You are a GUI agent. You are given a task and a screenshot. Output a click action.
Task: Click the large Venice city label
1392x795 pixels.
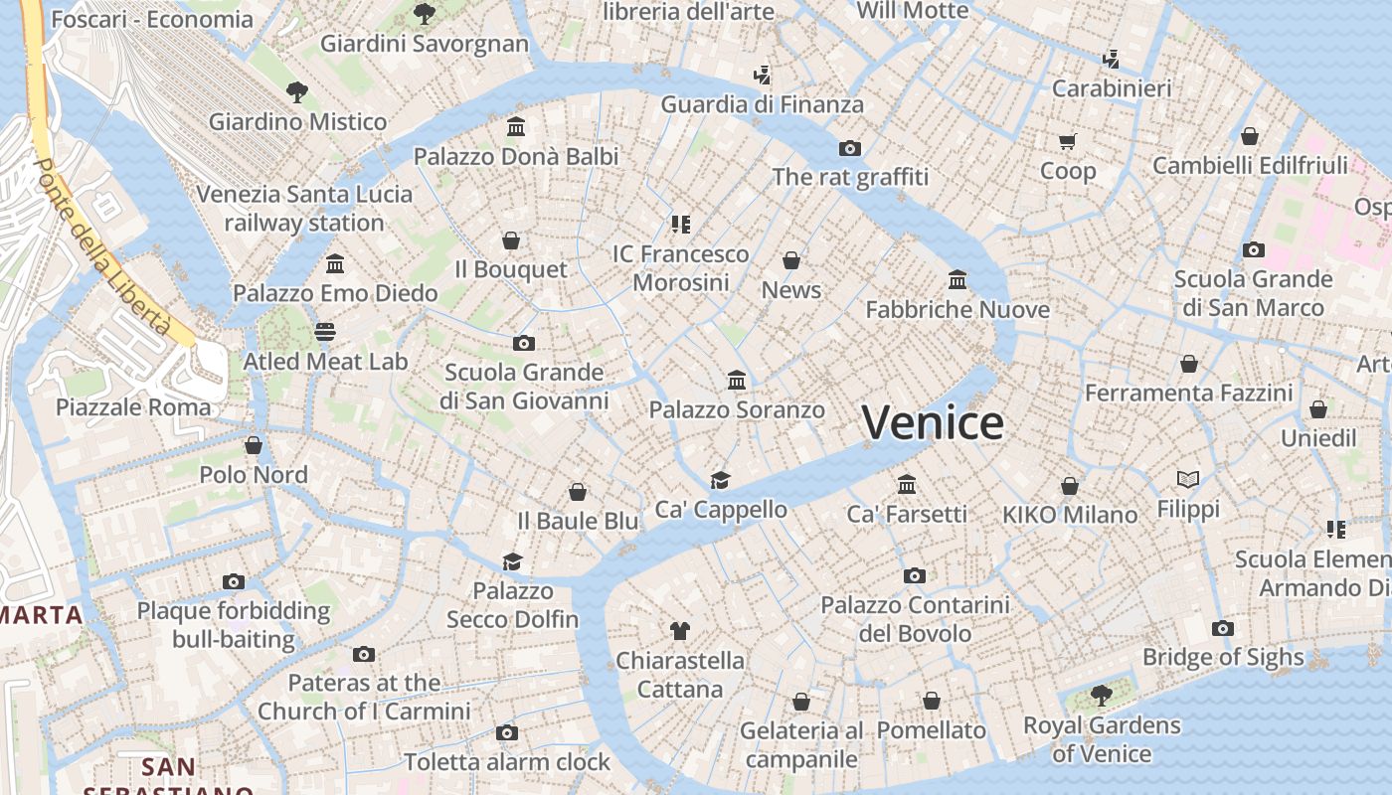pos(932,423)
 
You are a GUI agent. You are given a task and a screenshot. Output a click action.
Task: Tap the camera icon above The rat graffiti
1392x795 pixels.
pos(849,148)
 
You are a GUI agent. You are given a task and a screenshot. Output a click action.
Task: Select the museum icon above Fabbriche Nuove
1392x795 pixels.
pos(957,279)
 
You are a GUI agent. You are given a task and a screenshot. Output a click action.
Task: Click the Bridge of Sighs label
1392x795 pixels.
pos(1223,657)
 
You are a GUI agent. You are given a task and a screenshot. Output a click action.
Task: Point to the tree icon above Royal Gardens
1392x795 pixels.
pos(1101,695)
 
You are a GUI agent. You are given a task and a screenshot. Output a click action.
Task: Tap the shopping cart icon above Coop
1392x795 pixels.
pos(1068,141)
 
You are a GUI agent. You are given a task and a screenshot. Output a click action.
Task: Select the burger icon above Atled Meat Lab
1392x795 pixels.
pos(325,331)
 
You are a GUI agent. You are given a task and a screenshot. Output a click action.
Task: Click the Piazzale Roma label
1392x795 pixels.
pos(133,406)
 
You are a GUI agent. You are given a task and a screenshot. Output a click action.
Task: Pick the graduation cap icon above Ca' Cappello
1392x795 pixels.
pos(720,480)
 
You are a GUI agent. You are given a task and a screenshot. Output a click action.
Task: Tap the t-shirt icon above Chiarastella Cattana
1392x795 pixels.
pos(680,630)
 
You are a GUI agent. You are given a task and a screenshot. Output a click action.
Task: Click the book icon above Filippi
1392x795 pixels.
pos(1187,480)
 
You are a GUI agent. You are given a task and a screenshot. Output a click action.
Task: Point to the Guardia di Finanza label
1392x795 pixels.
pos(762,104)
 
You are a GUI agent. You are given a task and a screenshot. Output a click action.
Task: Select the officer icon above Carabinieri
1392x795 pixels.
pos(1111,60)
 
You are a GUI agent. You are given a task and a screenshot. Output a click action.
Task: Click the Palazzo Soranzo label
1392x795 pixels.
pos(737,409)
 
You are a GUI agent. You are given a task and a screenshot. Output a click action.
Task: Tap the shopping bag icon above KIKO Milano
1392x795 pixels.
pos(1070,486)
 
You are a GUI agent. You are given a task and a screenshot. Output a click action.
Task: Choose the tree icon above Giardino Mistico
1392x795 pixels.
pos(296,92)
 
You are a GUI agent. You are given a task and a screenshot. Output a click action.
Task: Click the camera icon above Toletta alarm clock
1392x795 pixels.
pos(507,733)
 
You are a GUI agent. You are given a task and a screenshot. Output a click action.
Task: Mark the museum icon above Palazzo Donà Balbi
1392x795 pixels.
pos(516,127)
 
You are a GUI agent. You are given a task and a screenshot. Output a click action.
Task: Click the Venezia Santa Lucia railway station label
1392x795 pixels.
pos(304,208)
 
